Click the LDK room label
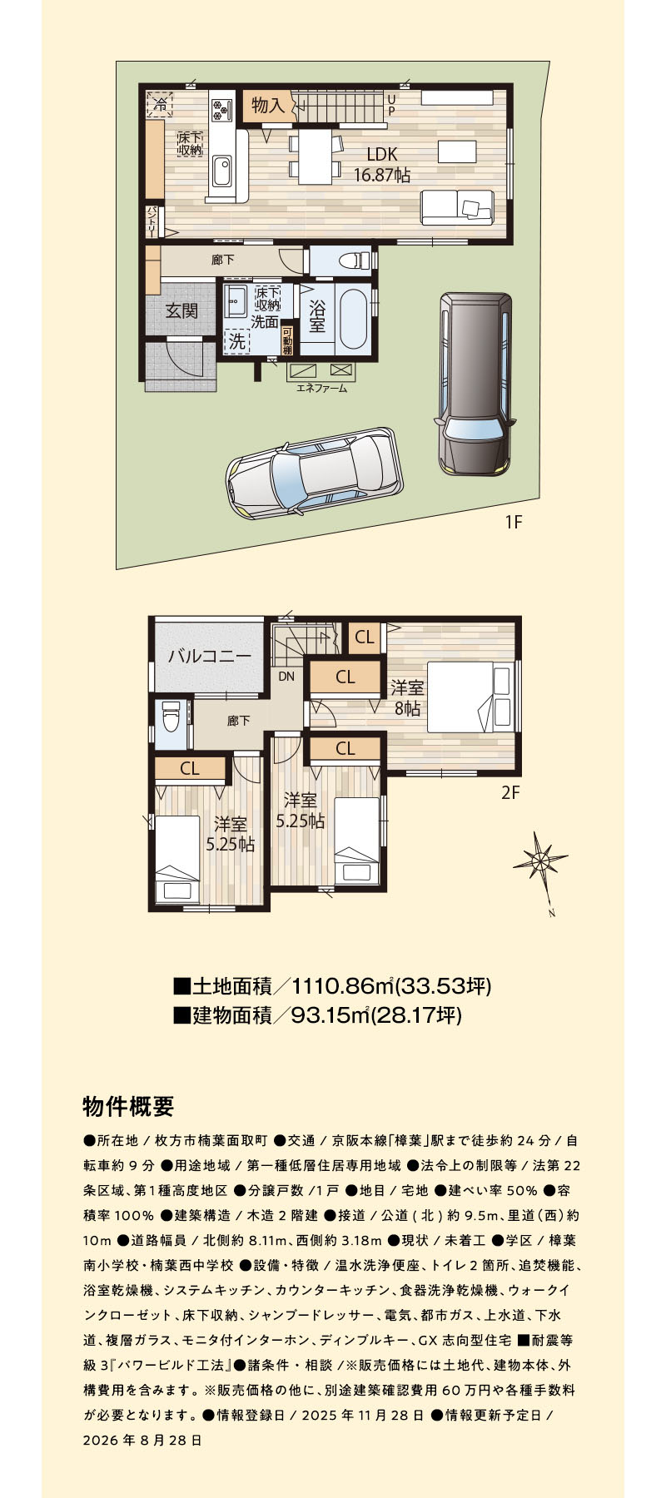[382, 155]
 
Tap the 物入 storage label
[268, 106]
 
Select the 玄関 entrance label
[181, 311]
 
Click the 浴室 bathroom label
[316, 315]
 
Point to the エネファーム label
[321, 388]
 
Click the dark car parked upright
[472, 384]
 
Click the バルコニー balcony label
[209, 656]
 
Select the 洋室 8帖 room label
[407, 697]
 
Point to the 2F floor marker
[510, 792]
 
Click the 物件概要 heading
[128, 1106]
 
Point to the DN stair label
[286, 676]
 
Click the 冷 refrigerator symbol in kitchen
[158, 105]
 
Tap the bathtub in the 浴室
[353, 317]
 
